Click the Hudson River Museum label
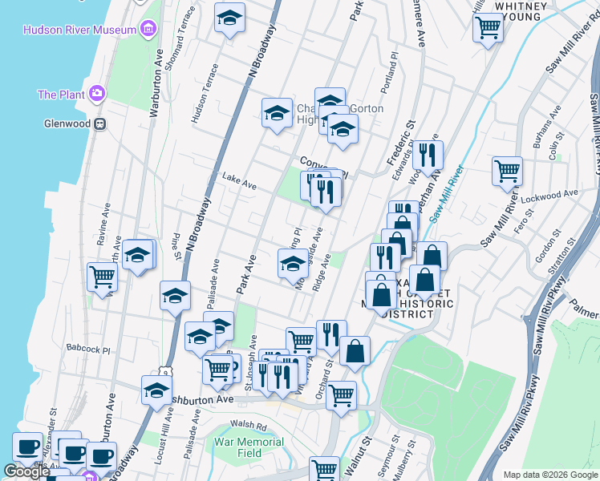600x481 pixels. click(79, 30)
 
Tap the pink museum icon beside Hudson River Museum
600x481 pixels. click(148, 30)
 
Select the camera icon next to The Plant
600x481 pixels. click(97, 94)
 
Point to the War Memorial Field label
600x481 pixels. click(249, 447)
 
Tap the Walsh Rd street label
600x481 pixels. click(248, 426)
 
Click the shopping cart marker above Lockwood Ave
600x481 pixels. click(508, 171)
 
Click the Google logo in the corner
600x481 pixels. click(26, 471)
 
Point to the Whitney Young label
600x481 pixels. click(521, 11)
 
